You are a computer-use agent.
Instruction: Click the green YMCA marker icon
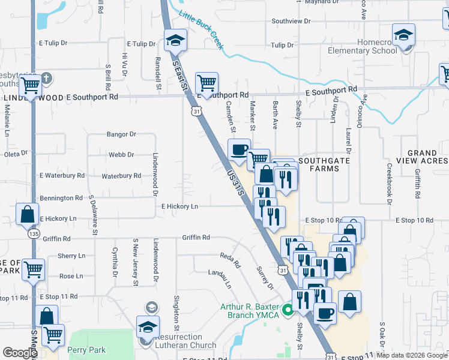coord(288,310)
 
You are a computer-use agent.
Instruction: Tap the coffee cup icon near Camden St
coord(239,149)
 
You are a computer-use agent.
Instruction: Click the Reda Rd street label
coord(230,260)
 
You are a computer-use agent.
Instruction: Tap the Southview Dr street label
coord(291,21)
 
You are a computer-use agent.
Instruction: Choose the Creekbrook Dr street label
coord(390,184)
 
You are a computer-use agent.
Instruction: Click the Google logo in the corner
coord(20,353)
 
